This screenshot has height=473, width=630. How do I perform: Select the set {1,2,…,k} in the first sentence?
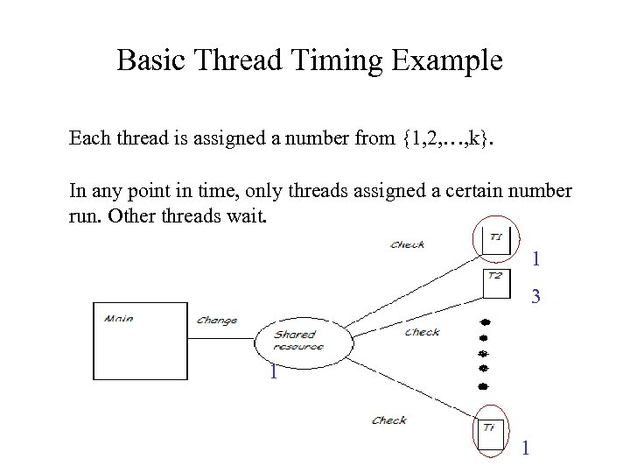click(444, 138)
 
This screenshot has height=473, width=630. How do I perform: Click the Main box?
click(140, 341)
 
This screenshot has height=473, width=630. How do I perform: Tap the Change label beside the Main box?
click(217, 321)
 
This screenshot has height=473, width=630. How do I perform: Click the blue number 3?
click(536, 298)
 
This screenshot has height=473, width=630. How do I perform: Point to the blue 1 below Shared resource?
click(274, 373)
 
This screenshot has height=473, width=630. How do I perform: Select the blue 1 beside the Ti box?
click(525, 448)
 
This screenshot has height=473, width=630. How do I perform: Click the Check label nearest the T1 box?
click(408, 244)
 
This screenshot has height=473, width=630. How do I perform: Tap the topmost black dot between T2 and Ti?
click(482, 320)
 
